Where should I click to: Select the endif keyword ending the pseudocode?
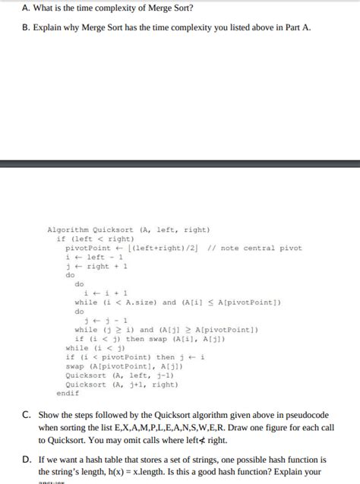click(x=68, y=393)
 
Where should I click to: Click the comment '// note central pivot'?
click(x=254, y=248)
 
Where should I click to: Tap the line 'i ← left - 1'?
click(x=96, y=257)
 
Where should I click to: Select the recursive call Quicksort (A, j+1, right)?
click(x=122, y=384)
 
